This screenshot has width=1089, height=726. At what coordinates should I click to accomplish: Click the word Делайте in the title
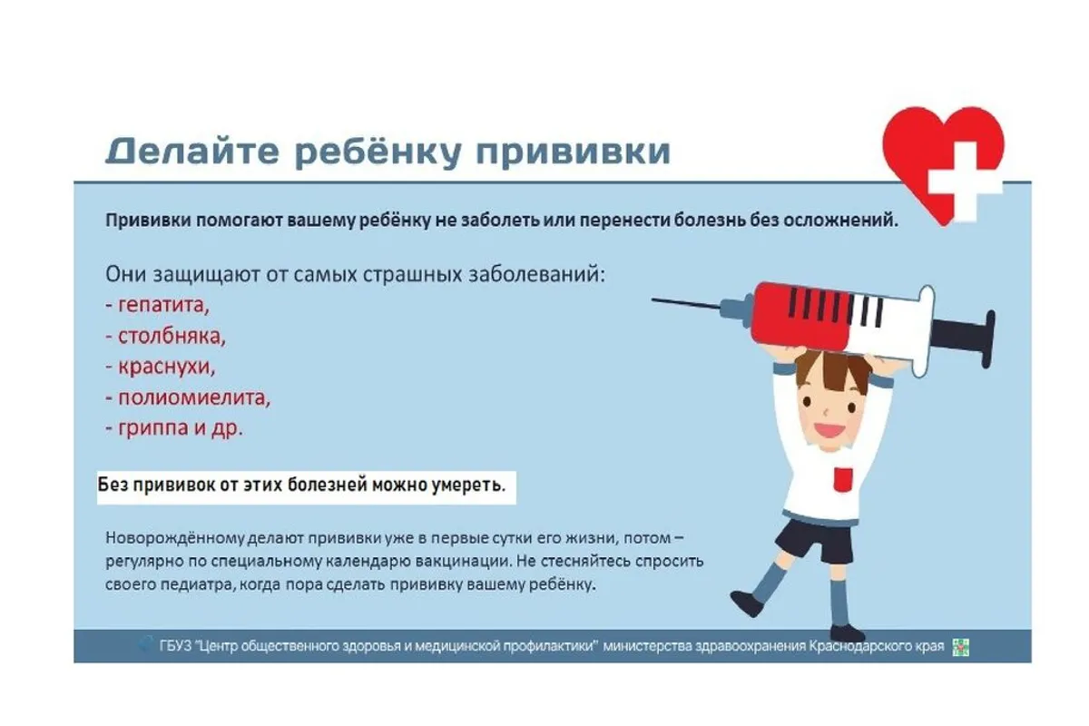(x=192, y=151)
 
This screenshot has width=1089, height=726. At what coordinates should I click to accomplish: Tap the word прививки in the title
(x=574, y=152)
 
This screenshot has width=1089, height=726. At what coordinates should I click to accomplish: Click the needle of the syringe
(x=686, y=304)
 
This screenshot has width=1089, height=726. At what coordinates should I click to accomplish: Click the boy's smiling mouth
(x=829, y=430)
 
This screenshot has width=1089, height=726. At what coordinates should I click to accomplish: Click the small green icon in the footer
(x=961, y=647)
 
